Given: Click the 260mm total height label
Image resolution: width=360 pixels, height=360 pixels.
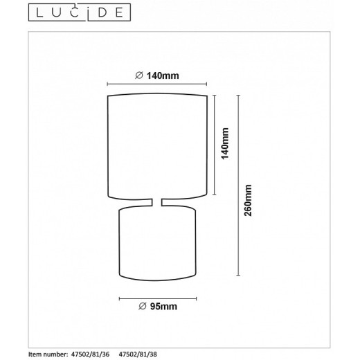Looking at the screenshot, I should [249, 201].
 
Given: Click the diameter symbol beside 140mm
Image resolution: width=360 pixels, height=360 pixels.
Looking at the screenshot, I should [139, 75].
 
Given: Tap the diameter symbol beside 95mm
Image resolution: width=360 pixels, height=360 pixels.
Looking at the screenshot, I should [143, 305].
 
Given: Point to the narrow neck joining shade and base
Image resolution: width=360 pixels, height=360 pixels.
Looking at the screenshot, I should [158, 202].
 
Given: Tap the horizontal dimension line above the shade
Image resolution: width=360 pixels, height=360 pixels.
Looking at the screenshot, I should [158, 85].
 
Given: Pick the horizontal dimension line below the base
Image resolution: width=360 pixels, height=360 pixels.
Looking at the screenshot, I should [158, 297].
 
